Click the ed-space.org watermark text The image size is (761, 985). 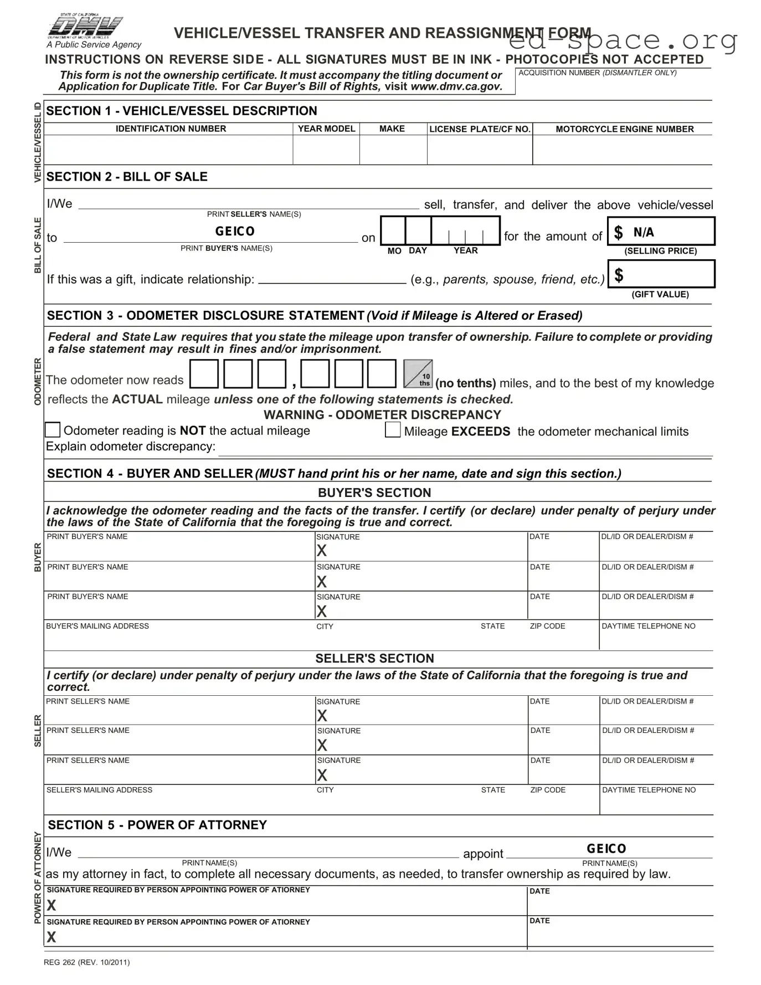point(623,40)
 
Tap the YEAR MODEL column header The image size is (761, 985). point(326,129)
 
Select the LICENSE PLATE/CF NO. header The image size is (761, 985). point(480,129)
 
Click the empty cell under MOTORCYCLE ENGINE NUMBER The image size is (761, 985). point(622,150)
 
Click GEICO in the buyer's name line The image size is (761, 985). point(235,232)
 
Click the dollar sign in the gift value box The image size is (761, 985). point(619,275)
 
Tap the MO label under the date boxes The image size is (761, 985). point(394,251)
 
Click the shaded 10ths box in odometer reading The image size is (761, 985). point(418,374)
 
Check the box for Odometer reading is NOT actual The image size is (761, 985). point(53,430)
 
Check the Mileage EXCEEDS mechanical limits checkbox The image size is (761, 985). point(393,430)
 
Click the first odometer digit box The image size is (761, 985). point(204,374)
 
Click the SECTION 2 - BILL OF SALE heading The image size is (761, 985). point(127,177)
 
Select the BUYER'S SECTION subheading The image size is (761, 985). point(374,493)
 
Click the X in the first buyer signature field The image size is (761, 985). point(322,551)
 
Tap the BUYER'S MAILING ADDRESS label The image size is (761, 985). point(97,626)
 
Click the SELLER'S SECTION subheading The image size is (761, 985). point(374,658)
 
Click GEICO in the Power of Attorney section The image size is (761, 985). point(606,849)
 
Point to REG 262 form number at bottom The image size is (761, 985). point(86,962)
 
